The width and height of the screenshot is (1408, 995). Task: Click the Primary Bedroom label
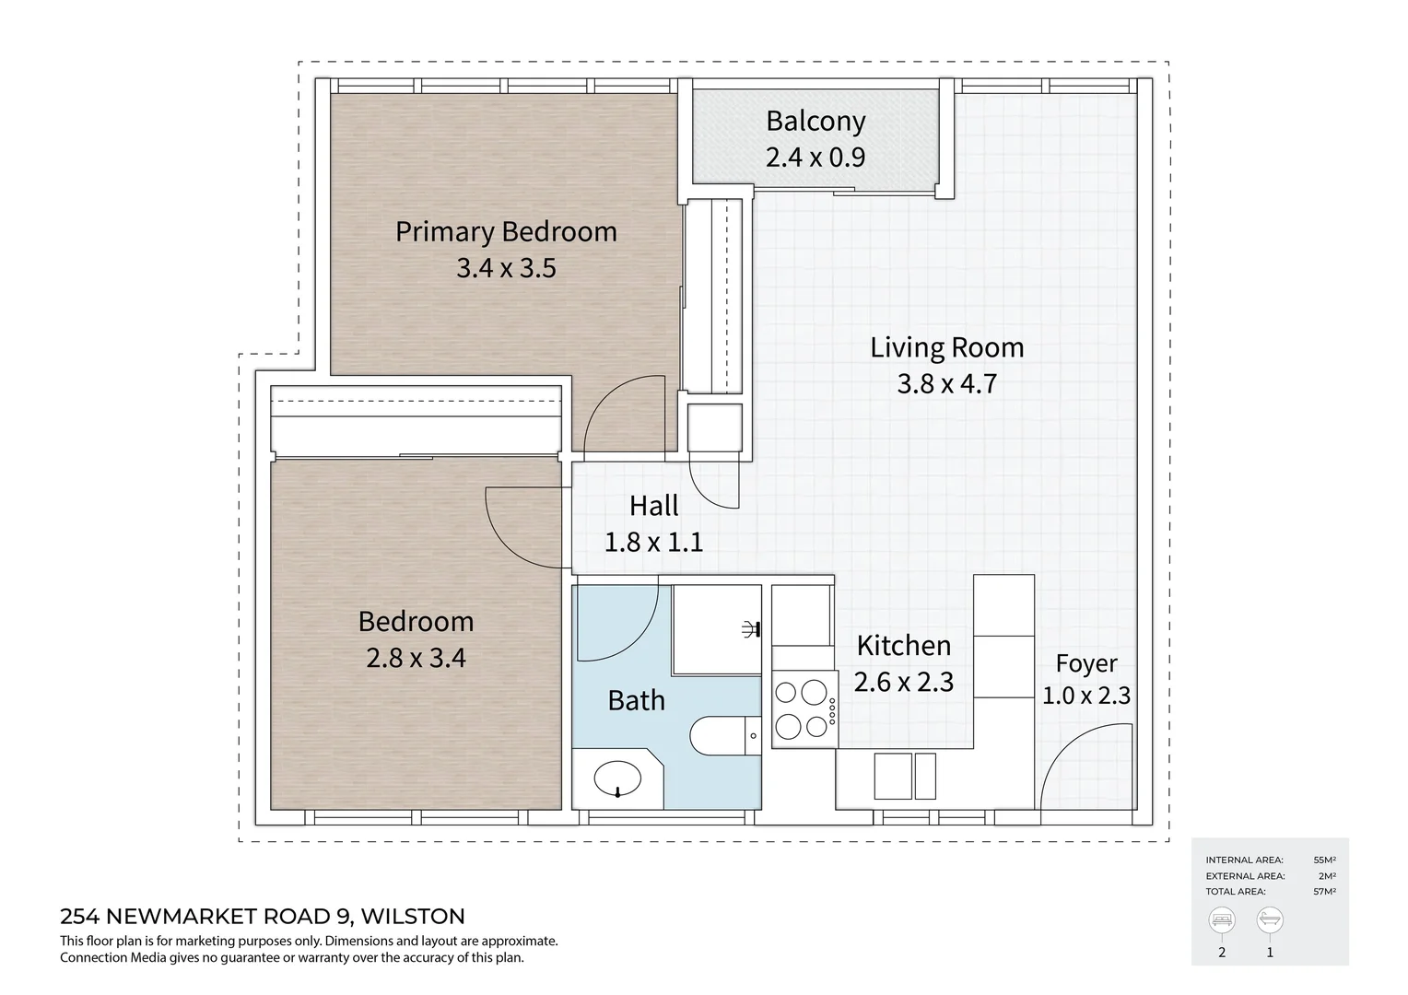(506, 231)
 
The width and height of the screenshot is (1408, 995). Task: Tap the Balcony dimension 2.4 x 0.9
(815, 158)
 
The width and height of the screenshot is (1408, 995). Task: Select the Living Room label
(946, 347)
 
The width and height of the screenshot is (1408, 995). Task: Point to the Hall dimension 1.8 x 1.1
(653, 542)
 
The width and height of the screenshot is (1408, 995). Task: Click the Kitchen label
(903, 646)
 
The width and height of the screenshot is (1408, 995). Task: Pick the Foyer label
(1086, 663)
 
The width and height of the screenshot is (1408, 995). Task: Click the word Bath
(636, 701)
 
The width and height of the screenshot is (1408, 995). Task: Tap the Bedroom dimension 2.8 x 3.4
(416, 658)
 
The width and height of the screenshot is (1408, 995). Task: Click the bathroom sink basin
(617, 779)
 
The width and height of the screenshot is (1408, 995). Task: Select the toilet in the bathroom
(721, 735)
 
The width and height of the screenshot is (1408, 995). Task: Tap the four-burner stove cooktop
(802, 708)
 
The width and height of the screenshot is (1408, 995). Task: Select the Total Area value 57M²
(1325, 892)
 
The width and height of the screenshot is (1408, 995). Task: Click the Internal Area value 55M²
(1325, 860)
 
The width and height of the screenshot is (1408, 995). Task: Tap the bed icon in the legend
(1222, 920)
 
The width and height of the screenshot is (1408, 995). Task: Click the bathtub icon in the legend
(1270, 920)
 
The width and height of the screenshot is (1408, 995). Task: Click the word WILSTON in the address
(413, 917)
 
